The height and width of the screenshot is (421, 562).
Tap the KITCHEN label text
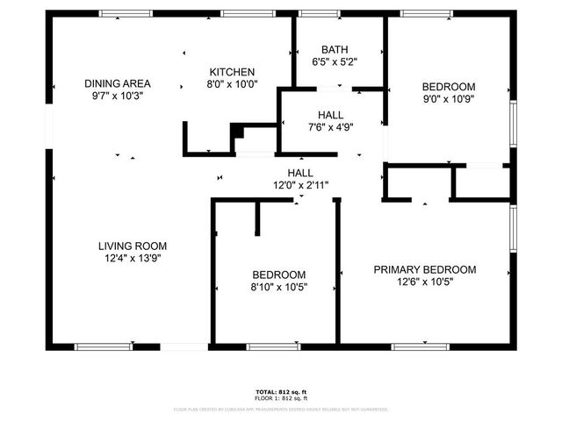coord(232,72)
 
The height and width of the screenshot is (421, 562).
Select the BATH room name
coord(334,50)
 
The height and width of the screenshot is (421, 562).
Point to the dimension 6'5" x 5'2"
coord(334,62)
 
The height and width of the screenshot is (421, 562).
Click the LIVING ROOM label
coord(132,246)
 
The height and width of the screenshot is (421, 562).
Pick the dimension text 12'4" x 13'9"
coord(132,258)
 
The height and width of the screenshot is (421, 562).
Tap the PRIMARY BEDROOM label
coord(425,269)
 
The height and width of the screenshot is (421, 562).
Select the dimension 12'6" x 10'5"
coord(425,282)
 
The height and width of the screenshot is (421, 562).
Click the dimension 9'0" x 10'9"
coord(449,99)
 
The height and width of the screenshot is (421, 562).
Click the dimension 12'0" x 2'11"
coord(300,185)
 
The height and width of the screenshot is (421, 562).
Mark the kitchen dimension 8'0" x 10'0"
coord(232,84)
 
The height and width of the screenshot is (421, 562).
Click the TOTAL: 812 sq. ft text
coord(281,391)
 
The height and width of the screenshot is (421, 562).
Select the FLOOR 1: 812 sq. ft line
coord(281,398)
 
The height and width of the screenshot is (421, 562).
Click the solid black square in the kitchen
coord(236,132)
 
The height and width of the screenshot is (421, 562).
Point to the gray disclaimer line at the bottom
coord(281,409)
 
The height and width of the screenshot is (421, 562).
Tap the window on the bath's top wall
coord(319,13)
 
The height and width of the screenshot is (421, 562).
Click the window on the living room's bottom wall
coord(103,346)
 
